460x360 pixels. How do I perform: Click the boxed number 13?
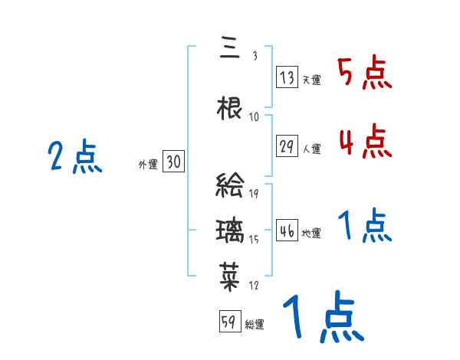click(287, 77)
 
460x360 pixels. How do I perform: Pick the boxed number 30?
click(173, 162)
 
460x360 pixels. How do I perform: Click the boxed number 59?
click(229, 322)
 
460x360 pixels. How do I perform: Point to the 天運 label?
click(311, 79)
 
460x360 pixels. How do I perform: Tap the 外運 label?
click(147, 164)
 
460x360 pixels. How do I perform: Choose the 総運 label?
click(255, 324)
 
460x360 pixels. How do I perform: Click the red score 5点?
click(365, 73)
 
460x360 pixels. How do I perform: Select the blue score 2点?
click(74, 158)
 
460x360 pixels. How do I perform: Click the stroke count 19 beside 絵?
click(254, 194)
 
